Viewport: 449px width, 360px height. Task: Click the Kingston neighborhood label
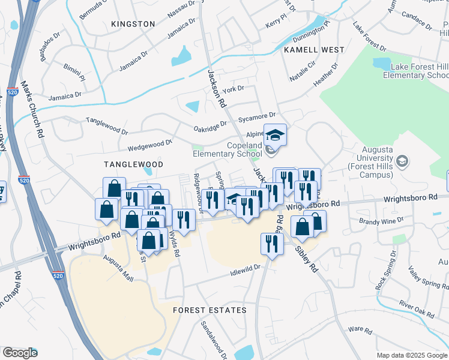pyautogui.click(x=133, y=24)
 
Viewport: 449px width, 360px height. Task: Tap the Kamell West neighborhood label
pyautogui.click(x=314, y=50)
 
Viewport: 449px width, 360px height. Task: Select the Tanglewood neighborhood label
pyautogui.click(x=133, y=164)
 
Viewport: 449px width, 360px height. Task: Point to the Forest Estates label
pyautogui.click(x=209, y=310)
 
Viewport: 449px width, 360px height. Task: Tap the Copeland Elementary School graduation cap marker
pyautogui.click(x=276, y=135)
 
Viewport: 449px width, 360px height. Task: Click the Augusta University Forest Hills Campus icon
pyautogui.click(x=402, y=161)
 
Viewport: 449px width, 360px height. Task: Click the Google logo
pyautogui.click(x=20, y=353)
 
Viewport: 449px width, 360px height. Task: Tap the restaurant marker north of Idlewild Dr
pyautogui.click(x=272, y=244)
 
